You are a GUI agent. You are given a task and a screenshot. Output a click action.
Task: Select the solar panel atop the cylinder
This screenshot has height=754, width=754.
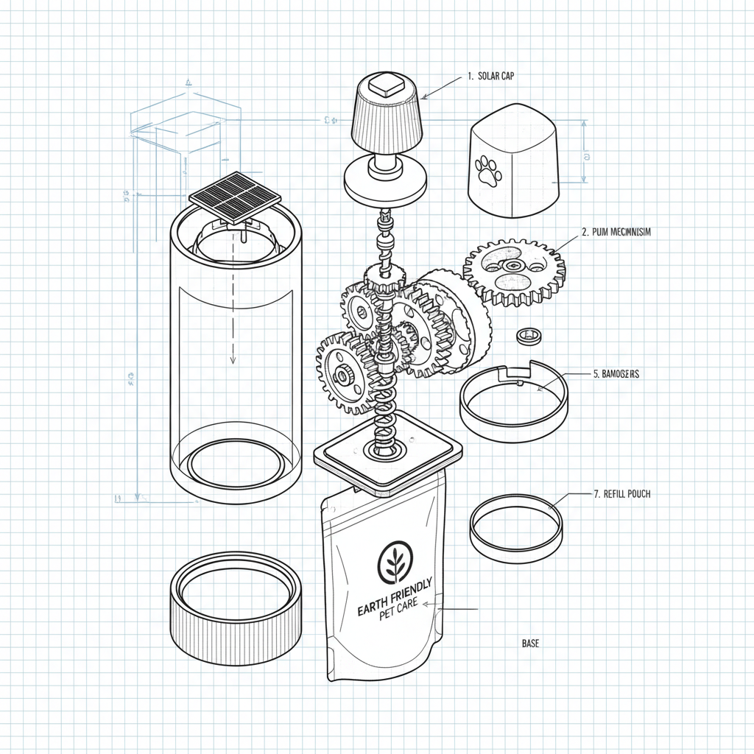(x=236, y=197)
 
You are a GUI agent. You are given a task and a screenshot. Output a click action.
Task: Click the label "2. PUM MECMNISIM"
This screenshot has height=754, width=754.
(x=616, y=231)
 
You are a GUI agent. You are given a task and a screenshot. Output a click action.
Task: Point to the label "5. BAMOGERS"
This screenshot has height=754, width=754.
(x=616, y=374)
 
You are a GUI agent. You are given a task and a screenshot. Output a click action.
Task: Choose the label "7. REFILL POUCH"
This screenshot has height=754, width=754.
(x=621, y=494)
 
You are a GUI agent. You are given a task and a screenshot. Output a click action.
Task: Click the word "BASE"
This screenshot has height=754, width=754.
(x=530, y=644)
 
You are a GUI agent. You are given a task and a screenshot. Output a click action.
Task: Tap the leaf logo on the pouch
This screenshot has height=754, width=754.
(x=395, y=563)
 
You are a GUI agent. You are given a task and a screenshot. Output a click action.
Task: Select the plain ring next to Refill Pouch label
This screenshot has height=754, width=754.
(x=515, y=529)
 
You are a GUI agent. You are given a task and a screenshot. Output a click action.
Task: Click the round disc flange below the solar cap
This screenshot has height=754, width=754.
(x=386, y=185)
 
